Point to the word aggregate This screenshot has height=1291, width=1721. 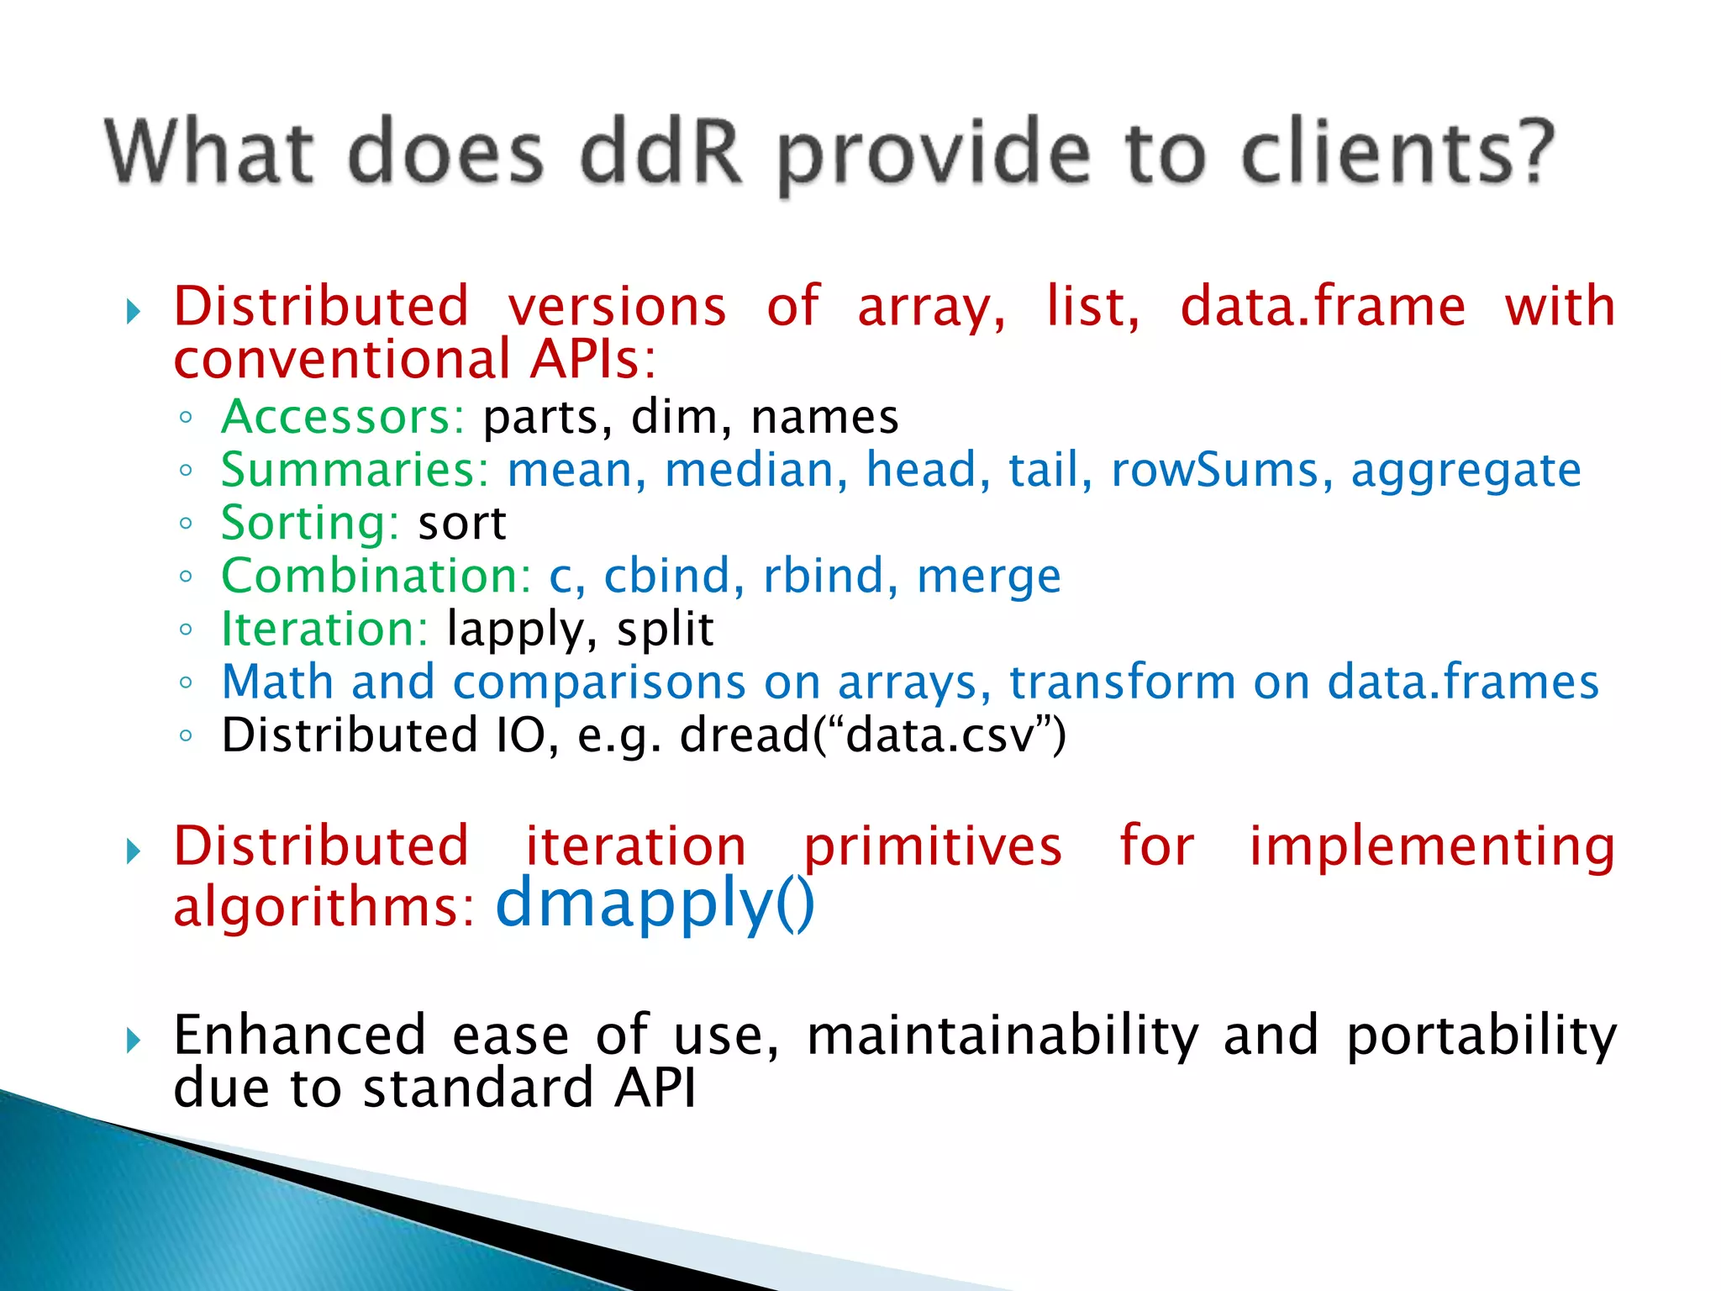coord(1466,472)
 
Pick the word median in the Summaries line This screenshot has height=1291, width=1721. coord(755,470)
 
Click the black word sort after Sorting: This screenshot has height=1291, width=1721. coord(462,524)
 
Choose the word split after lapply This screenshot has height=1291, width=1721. coord(665,630)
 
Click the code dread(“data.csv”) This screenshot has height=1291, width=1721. coord(872,735)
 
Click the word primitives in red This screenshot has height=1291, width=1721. coord(933,847)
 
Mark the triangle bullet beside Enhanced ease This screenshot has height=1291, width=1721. coord(133,1041)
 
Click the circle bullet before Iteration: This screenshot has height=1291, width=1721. coord(186,630)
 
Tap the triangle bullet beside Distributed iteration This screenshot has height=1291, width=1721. coord(133,852)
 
